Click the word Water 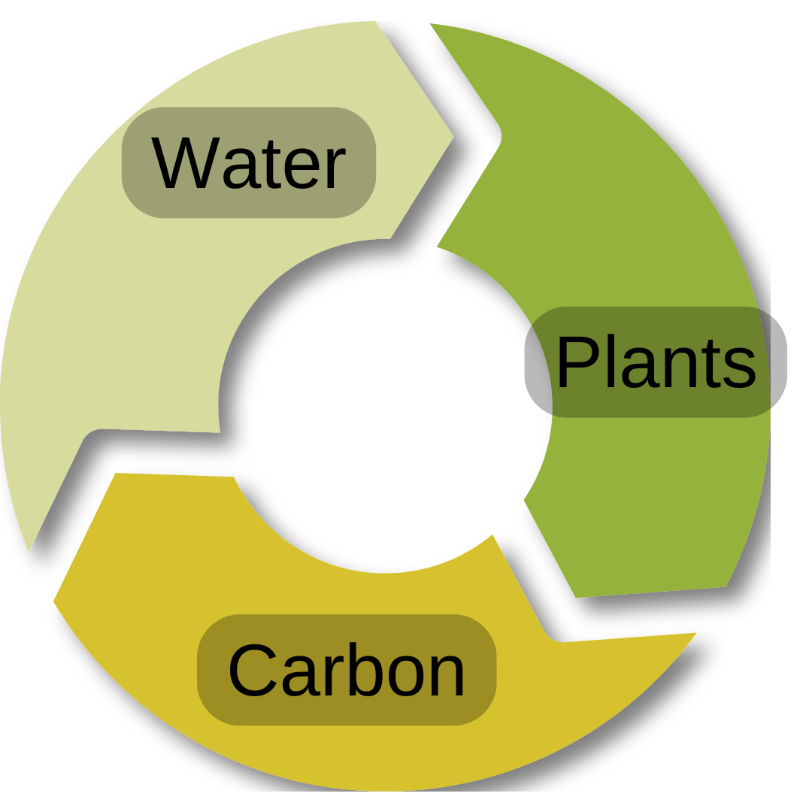pyautogui.click(x=249, y=162)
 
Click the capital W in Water pyautogui.click(x=185, y=162)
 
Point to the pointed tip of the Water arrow pyautogui.click(x=453, y=137)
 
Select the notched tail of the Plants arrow pyautogui.click(x=499, y=136)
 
